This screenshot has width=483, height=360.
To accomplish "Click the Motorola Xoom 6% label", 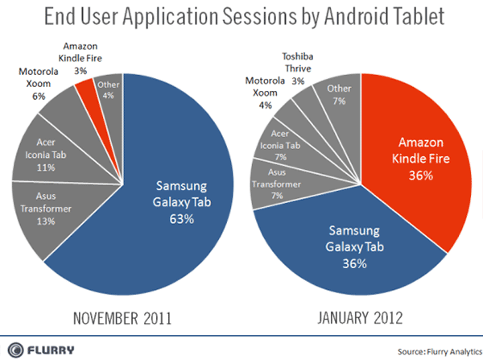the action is click(x=39, y=84).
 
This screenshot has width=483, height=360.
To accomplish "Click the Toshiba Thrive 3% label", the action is click(x=298, y=68).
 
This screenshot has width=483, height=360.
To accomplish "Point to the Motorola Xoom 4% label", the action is click(x=265, y=93).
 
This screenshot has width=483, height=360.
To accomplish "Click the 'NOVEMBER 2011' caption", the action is click(x=122, y=318).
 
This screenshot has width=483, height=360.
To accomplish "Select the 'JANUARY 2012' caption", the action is click(x=360, y=318).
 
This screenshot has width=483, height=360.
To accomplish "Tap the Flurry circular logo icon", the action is click(x=15, y=350).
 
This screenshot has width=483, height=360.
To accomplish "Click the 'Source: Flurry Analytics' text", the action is click(x=440, y=352).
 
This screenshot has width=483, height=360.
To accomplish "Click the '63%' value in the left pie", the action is click(x=182, y=219).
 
